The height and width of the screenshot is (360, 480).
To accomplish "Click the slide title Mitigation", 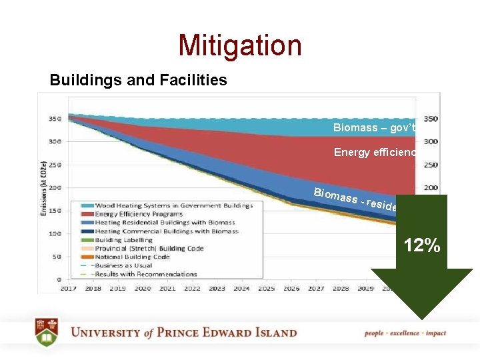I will [240, 45].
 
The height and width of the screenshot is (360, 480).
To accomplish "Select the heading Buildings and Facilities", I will [138, 81].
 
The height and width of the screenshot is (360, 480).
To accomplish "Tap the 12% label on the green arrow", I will [422, 245].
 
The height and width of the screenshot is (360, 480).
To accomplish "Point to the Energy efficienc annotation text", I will [375, 153].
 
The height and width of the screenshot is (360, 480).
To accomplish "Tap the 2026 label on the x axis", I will [291, 289].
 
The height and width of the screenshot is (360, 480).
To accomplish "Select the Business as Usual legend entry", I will [127, 265].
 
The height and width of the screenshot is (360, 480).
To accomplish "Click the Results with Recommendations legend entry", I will [146, 274].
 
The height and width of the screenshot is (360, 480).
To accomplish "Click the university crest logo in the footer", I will [47, 333].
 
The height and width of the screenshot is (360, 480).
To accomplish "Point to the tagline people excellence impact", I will [405, 333].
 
